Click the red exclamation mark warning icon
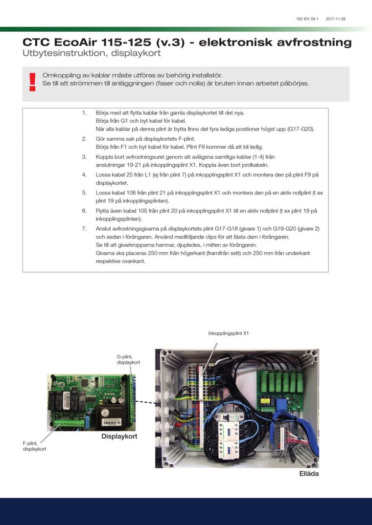(32, 82)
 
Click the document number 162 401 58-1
(307, 19)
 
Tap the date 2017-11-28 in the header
(335, 19)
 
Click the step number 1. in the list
(84, 113)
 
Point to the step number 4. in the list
(84, 175)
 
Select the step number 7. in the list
(84, 229)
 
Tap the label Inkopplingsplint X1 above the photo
(229, 333)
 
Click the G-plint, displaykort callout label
(128, 360)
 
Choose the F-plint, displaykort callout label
(34, 446)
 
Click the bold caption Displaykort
(119, 436)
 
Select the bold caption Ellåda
(309, 474)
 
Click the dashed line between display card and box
(146, 402)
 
